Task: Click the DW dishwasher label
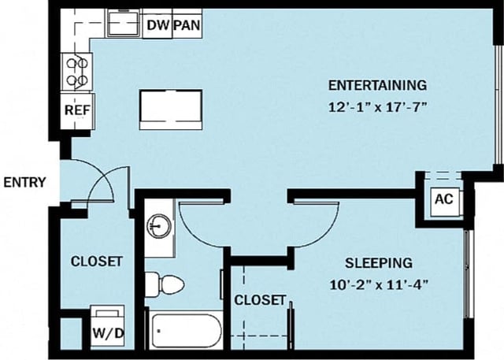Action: (157, 25)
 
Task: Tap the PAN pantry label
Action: (187, 25)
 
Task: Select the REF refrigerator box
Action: (76, 109)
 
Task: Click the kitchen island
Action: (169, 109)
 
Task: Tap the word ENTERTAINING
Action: (377, 85)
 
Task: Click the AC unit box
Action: (443, 199)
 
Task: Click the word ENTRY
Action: (24, 183)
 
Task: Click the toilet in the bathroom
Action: (165, 283)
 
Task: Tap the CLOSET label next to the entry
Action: (96, 262)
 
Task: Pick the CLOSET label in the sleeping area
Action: (260, 301)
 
